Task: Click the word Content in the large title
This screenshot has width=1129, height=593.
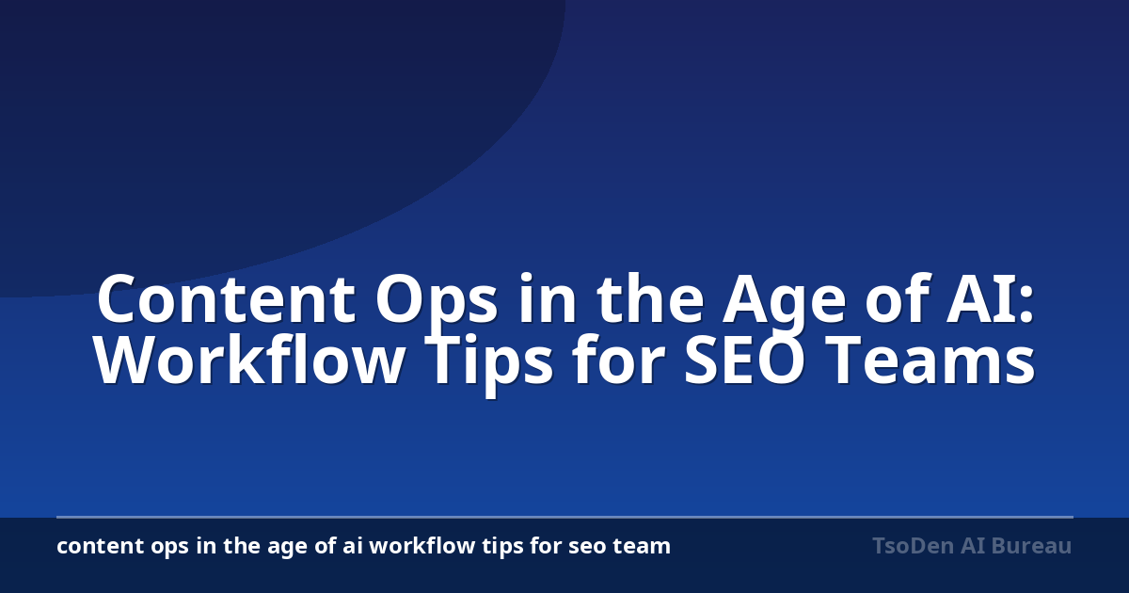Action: point(227,298)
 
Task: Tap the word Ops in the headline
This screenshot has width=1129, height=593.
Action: point(437,306)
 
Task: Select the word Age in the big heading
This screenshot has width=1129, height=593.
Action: point(784,306)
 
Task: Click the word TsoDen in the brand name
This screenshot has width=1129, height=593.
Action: point(913,546)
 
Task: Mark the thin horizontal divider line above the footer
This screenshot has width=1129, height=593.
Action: point(564,517)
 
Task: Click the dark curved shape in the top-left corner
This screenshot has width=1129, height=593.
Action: point(201,126)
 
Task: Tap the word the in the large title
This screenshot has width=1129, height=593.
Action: point(650,298)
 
